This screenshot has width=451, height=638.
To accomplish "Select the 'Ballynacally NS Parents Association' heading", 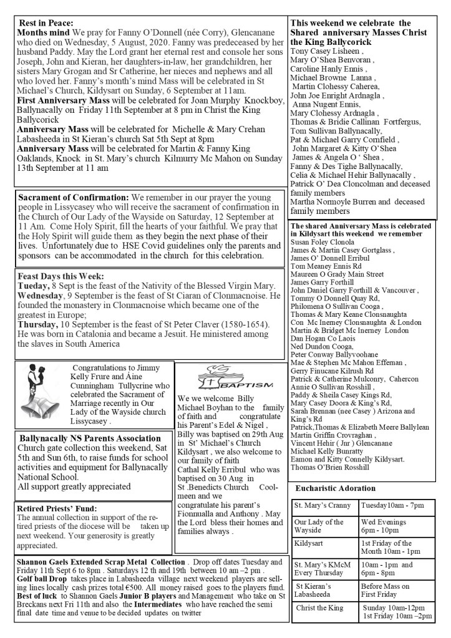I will point(81,438).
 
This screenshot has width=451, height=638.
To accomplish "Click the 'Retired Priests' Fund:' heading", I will point(57,508).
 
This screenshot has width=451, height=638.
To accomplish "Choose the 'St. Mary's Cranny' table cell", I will point(323,505).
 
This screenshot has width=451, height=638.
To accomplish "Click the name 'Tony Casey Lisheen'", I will point(326,51).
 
